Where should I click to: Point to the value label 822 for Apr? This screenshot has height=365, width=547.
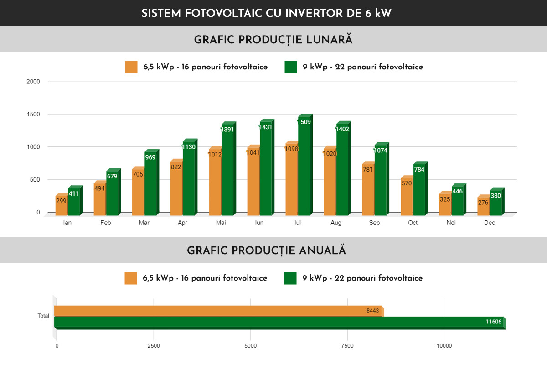176,167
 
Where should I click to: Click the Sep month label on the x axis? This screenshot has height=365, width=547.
374,223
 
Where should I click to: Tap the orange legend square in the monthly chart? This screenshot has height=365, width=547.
131,67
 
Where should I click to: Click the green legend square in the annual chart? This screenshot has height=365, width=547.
290,278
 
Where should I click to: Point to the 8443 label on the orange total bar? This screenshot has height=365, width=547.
372,311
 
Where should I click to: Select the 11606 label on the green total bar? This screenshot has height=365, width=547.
494,322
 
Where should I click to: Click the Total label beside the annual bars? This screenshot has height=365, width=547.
43,316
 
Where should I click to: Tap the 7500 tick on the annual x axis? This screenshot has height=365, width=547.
347,346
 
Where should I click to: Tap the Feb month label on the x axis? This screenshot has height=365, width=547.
106,223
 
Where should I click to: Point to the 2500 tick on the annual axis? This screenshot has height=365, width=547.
154,346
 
